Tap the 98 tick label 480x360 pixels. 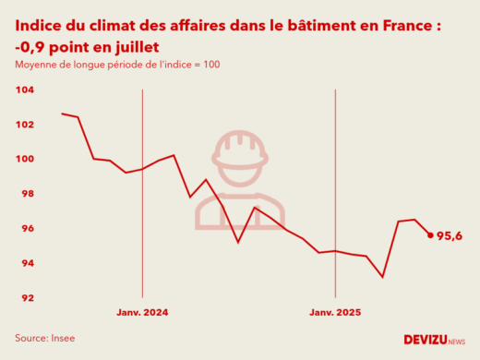click(x=27, y=194)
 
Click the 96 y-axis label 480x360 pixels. click(x=27, y=229)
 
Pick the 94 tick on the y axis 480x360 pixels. click(x=27, y=263)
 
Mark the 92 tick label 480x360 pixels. click(x=27, y=298)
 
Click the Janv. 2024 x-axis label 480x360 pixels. click(x=142, y=313)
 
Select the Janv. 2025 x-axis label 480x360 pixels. click(x=334, y=313)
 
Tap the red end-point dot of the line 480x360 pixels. click(x=430, y=234)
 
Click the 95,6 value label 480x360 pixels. click(x=450, y=236)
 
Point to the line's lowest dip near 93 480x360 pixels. click(x=382, y=277)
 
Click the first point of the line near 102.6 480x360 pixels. click(x=62, y=114)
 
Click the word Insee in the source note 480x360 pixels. click(x=62, y=338)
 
